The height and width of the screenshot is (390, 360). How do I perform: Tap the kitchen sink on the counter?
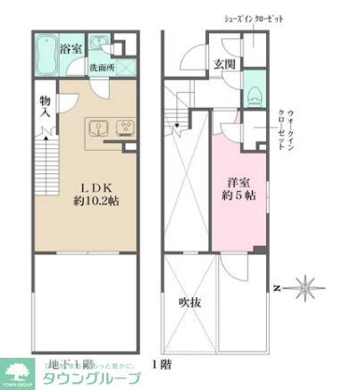click(x=97, y=126)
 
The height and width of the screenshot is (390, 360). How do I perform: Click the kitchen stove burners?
click(x=126, y=126)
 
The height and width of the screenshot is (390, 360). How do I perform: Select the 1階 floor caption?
click(x=162, y=364)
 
